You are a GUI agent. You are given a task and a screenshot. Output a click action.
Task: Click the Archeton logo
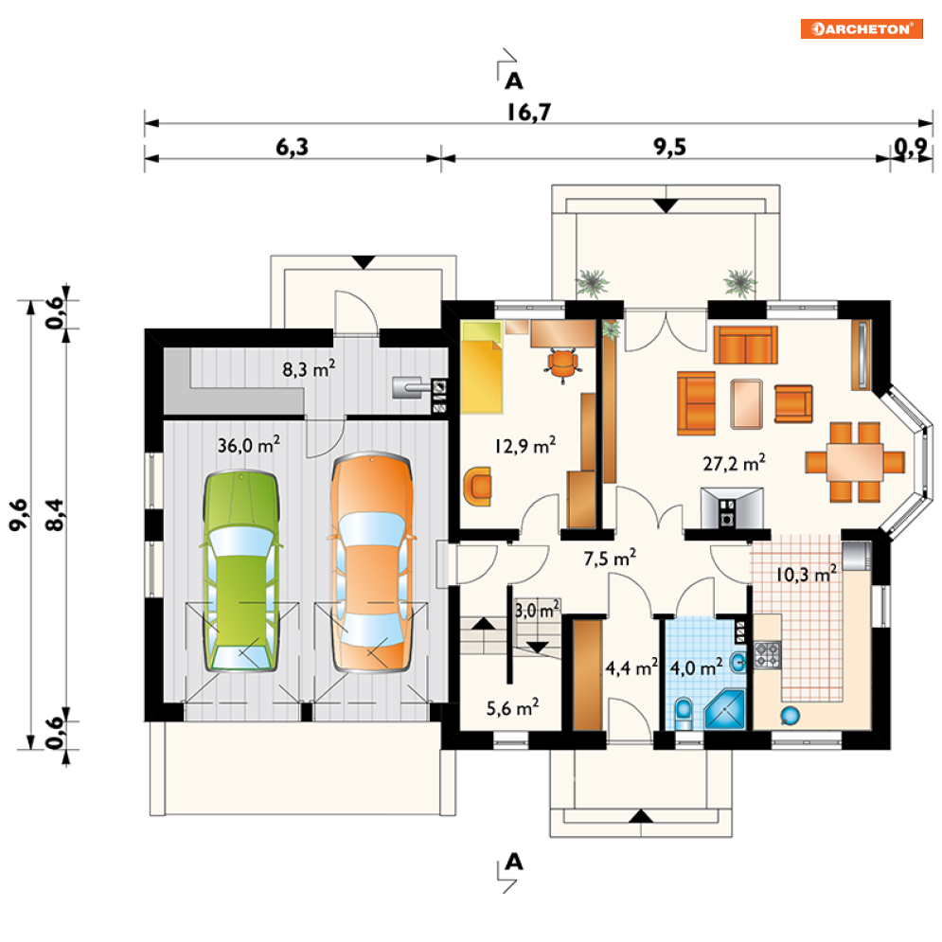(862, 28)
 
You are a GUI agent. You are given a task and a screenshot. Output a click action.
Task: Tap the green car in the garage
(240, 571)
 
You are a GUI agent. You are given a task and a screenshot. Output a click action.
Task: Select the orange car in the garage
(372, 562)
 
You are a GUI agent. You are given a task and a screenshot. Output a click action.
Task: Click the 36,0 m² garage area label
(249, 445)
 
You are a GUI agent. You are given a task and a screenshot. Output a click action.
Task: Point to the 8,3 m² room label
(309, 369)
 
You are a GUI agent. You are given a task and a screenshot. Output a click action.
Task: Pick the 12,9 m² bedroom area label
(525, 445)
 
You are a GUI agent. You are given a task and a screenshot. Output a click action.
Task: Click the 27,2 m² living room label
(734, 463)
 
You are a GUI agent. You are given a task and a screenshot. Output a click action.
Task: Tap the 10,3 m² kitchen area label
(807, 575)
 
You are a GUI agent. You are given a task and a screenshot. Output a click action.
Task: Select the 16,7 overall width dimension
(528, 113)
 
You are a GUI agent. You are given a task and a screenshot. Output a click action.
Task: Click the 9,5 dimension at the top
(670, 147)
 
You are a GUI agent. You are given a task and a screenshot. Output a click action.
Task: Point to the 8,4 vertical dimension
(55, 515)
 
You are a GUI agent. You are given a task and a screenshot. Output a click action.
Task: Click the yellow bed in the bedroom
(481, 367)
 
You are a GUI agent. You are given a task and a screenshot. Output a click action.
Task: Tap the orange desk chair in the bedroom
(563, 365)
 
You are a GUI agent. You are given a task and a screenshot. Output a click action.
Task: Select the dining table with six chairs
(855, 461)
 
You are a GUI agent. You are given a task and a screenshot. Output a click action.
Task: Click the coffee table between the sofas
(746, 403)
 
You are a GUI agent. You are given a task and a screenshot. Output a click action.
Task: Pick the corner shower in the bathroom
(724, 709)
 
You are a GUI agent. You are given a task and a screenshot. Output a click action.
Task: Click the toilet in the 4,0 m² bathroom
(684, 713)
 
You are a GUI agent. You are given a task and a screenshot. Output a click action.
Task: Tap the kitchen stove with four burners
(767, 655)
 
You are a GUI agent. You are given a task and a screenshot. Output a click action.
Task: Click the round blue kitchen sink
(790, 715)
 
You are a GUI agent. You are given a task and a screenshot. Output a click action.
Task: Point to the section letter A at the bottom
(514, 862)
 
